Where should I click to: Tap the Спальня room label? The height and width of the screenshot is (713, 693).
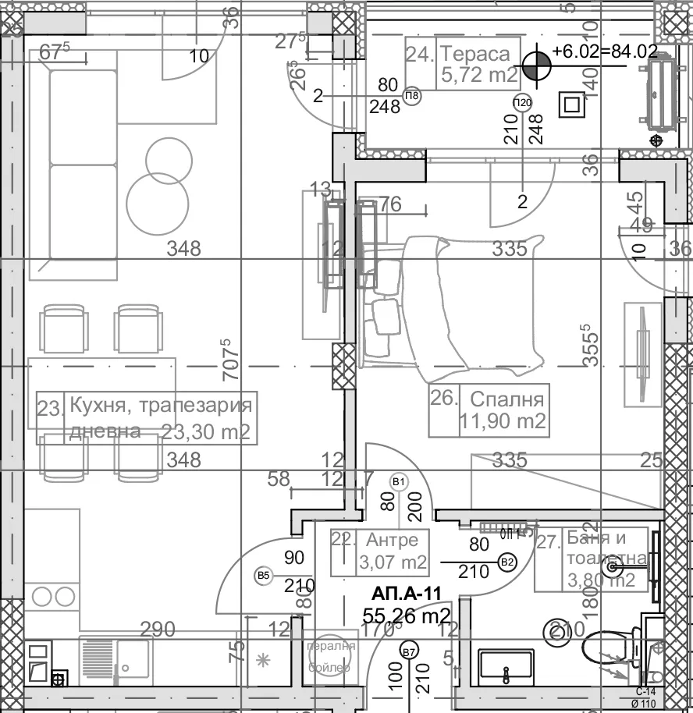pos(506,400)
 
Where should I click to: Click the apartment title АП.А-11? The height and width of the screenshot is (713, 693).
pos(406,594)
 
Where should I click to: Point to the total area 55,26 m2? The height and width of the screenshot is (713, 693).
pos(407,616)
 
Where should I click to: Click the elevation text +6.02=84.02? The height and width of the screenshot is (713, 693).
pos(604,51)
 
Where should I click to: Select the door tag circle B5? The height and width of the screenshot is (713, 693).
pos(264,576)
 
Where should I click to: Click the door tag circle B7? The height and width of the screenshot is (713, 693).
pos(407,651)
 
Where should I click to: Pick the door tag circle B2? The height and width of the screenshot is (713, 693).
pos(507,561)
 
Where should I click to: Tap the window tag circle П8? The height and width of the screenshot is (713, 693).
pos(412,97)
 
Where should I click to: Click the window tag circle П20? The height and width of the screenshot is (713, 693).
pos(522,103)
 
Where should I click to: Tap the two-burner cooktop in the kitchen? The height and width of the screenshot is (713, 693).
pos(52,597)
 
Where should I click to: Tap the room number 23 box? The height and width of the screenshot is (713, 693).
pos(50,407)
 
